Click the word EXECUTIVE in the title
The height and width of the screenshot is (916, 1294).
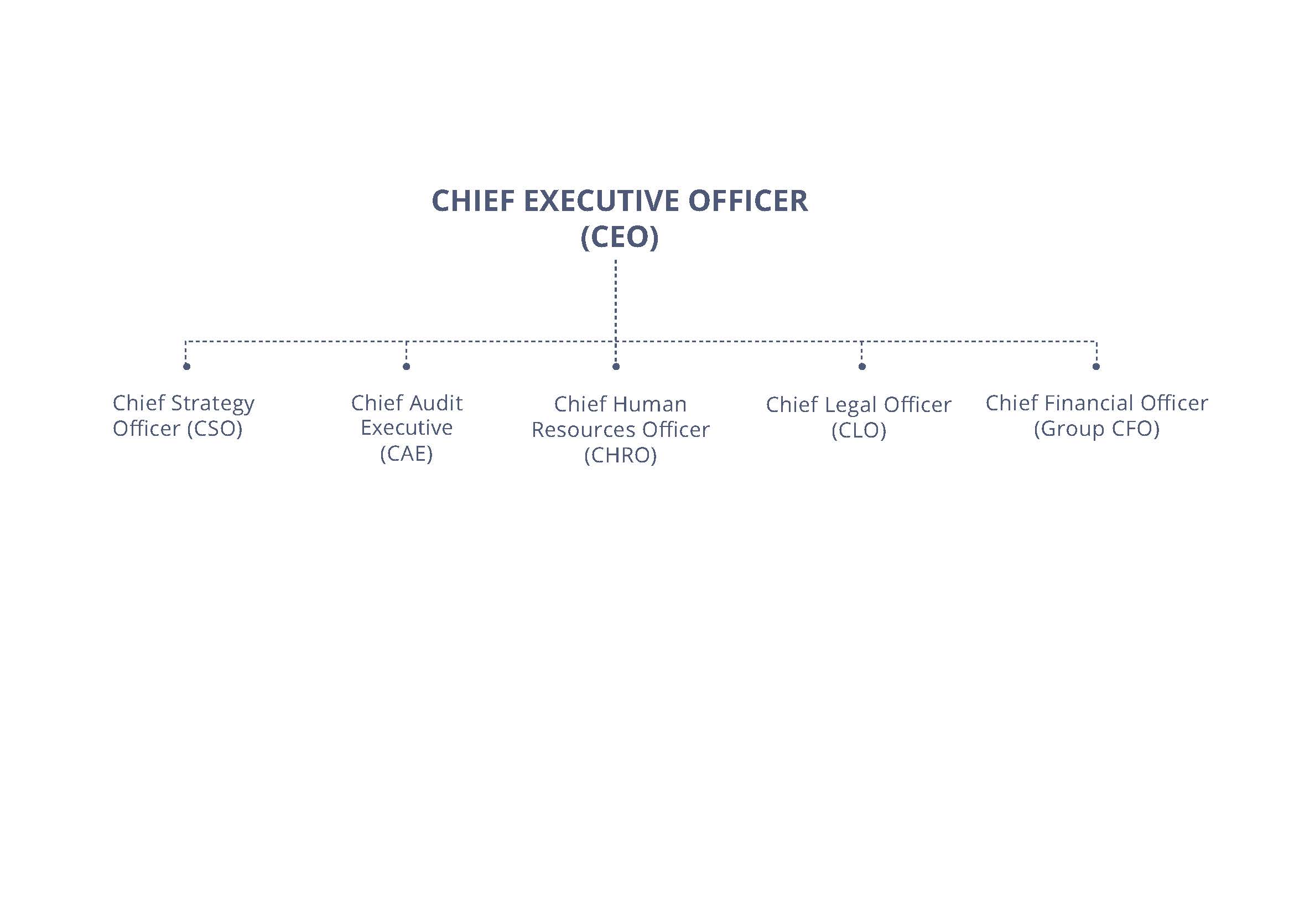[601, 201]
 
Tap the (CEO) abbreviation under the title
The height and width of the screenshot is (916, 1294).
[620, 237]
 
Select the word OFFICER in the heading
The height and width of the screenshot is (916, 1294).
[748, 201]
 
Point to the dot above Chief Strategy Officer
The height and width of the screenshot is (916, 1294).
[186, 367]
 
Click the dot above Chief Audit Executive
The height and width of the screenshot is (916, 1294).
[407, 367]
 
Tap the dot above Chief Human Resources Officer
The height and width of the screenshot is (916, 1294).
[616, 367]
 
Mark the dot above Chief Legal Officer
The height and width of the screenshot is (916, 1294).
[862, 367]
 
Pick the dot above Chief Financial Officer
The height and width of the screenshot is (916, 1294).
[1095, 367]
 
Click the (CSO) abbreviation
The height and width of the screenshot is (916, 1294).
[215, 429]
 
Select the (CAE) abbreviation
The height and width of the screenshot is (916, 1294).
[407, 454]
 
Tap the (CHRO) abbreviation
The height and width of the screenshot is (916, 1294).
[621, 455]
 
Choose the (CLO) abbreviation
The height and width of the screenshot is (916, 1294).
[859, 430]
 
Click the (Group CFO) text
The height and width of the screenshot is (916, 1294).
[1096, 429]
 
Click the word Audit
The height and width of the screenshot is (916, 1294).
[436, 403]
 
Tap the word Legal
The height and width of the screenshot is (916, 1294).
[850, 405]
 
